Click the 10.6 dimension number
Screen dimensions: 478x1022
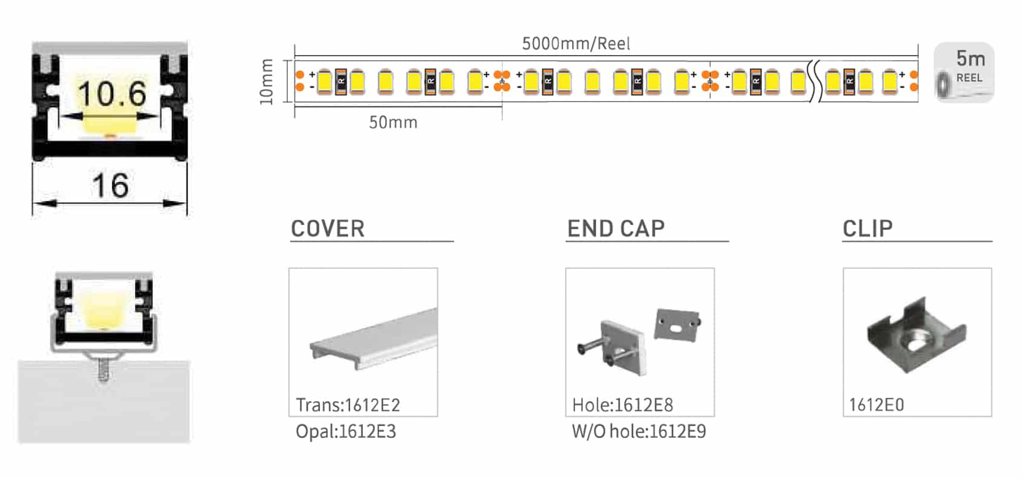(111, 94)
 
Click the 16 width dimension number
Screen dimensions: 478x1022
(110, 185)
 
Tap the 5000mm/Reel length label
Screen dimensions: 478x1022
(576, 44)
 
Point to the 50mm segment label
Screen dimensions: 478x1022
(393, 123)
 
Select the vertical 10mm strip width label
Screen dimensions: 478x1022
(267, 82)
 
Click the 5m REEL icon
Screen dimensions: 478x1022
(964, 72)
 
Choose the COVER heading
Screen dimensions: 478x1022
(328, 229)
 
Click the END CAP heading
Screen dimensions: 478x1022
(616, 229)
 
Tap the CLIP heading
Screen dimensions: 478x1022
(867, 229)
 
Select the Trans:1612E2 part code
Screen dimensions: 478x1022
(348, 405)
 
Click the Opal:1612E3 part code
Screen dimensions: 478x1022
(345, 431)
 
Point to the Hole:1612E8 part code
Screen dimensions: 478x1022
(622, 405)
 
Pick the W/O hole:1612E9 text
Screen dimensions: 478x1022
(639, 431)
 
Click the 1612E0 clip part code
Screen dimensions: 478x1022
(876, 405)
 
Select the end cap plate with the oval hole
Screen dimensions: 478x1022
(677, 325)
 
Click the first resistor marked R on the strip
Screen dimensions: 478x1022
(340, 81)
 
